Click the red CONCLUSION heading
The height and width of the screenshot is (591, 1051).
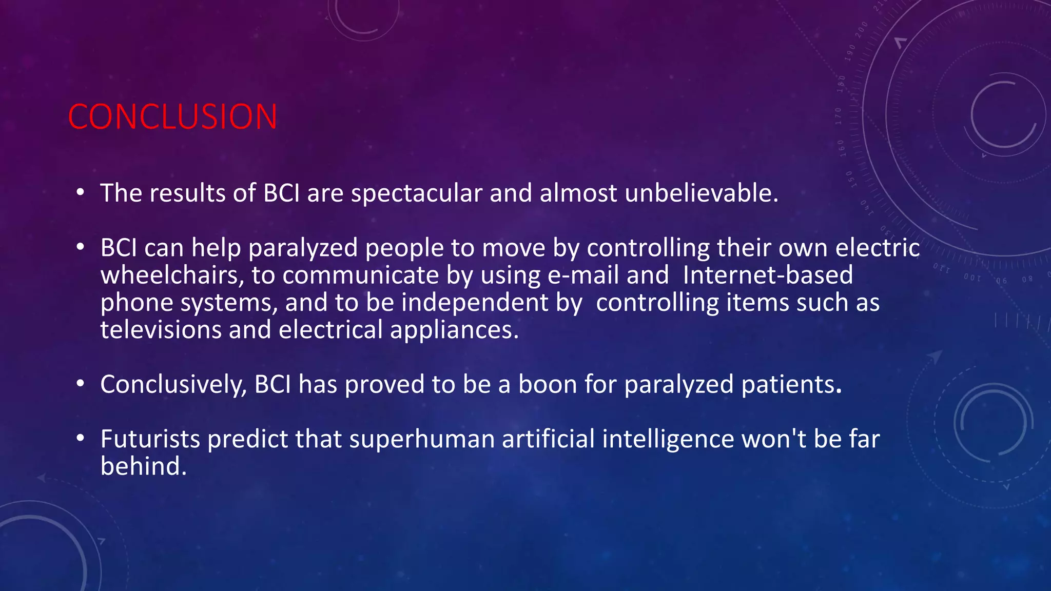[x=172, y=117]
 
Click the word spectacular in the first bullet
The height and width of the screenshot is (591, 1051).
[x=416, y=193]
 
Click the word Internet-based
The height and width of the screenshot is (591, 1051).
[x=768, y=275]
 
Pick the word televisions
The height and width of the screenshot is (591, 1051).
[x=161, y=330]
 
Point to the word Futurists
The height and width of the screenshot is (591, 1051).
[x=150, y=439]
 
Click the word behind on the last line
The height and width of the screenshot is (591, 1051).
[x=143, y=466]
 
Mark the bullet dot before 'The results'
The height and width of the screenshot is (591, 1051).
[x=80, y=193]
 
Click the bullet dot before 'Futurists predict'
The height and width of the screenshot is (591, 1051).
[x=80, y=439]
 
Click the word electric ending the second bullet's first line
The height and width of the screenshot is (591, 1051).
[x=878, y=248]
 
